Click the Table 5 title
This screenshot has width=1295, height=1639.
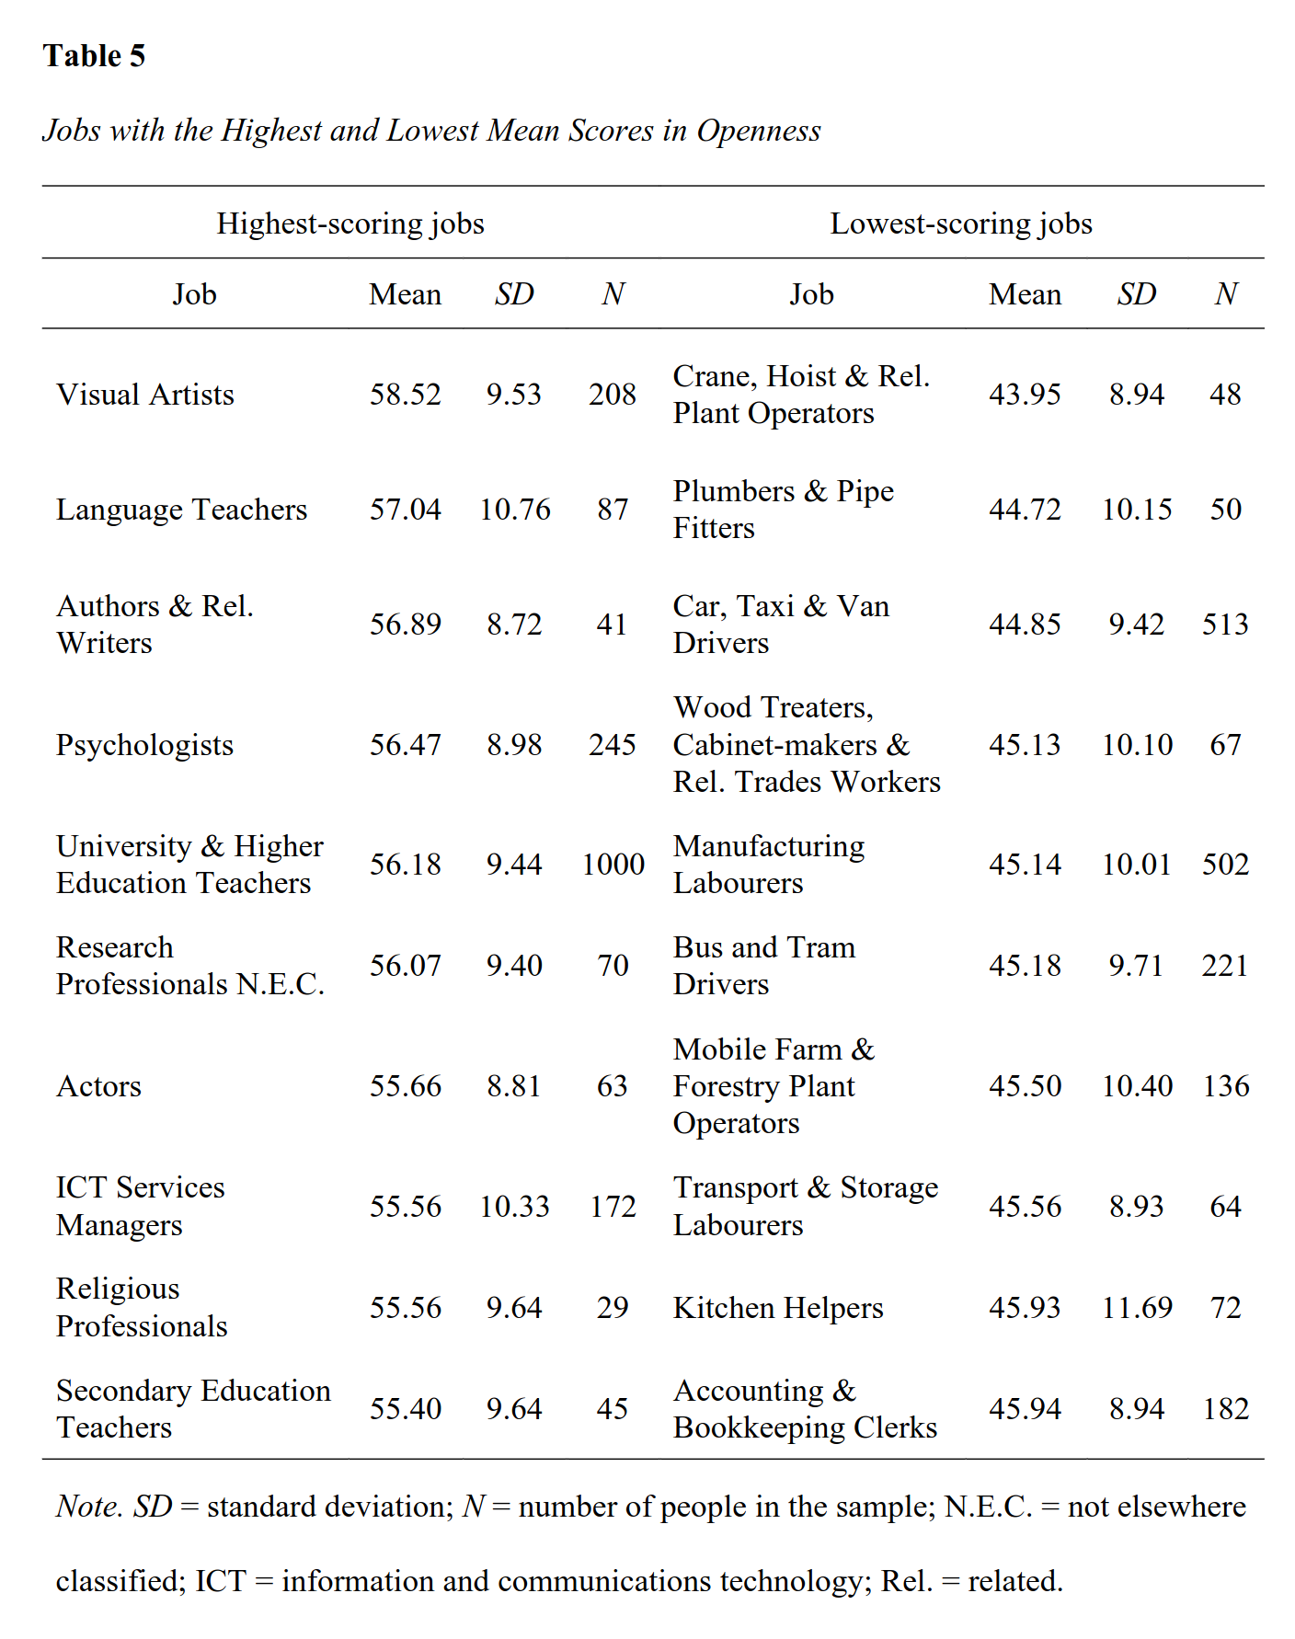click(x=94, y=56)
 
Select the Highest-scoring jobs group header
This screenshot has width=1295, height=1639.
click(x=350, y=223)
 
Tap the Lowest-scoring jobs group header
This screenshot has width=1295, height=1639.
click(x=961, y=223)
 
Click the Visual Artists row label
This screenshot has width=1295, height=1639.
click(x=145, y=395)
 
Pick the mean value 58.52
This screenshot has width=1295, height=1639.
click(x=406, y=395)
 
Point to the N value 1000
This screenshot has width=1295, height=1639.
click(x=613, y=865)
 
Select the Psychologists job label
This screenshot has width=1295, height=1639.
click(x=145, y=745)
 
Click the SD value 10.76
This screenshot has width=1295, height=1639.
click(x=515, y=510)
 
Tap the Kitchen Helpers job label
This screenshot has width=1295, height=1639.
click(x=778, y=1308)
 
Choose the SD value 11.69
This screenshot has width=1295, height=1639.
click(x=1138, y=1308)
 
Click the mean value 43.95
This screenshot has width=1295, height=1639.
click(x=1025, y=395)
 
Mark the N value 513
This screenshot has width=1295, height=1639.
click(x=1226, y=625)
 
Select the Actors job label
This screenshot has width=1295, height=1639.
click(x=99, y=1086)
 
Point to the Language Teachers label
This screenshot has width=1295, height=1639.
click(x=182, y=510)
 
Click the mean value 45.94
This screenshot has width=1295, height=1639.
click(x=1025, y=1409)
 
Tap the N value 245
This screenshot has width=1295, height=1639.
click(x=613, y=745)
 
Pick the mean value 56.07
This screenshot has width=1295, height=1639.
click(x=406, y=966)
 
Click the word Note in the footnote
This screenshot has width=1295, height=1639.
click(x=89, y=1507)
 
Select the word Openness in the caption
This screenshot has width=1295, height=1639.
click(x=759, y=131)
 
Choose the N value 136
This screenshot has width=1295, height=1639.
click(x=1226, y=1086)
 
